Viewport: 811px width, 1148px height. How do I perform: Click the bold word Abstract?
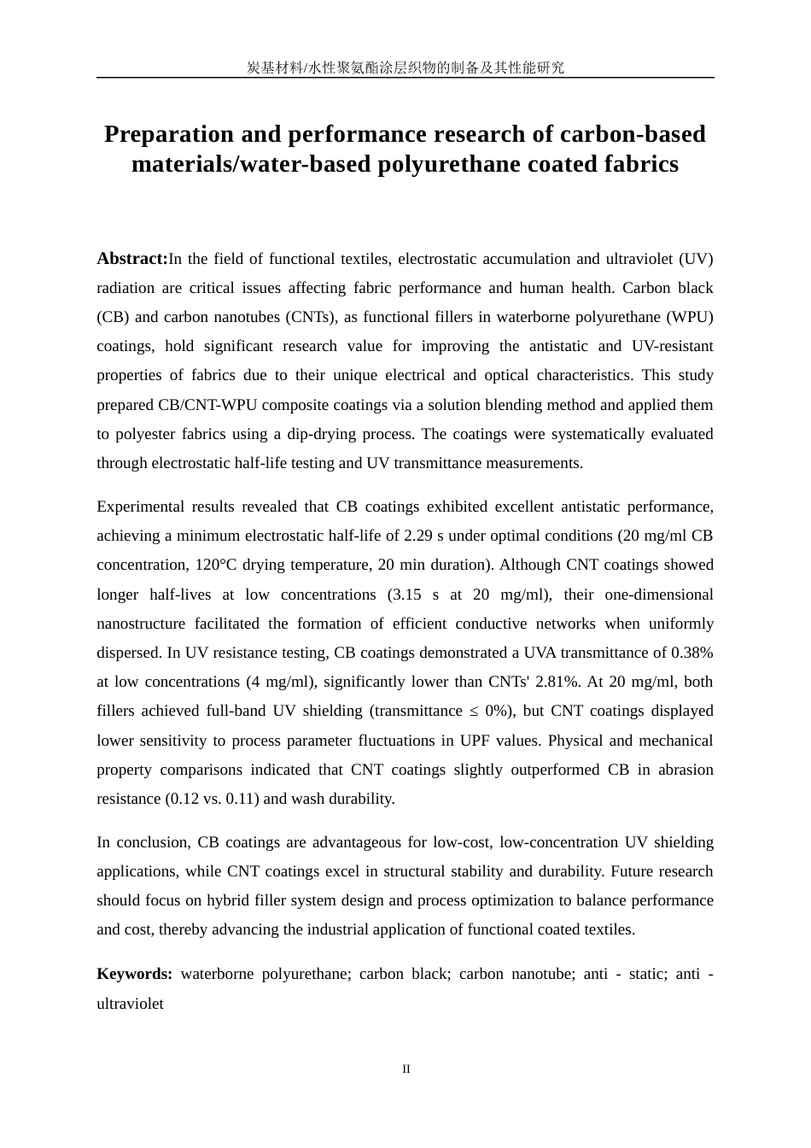[132, 259]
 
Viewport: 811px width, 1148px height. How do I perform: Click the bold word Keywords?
[134, 974]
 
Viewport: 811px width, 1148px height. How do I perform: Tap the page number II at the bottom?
[406, 1069]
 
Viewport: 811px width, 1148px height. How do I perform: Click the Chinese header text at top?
[405, 67]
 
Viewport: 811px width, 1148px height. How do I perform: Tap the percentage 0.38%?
[691, 653]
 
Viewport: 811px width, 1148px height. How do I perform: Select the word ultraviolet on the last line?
[130, 1004]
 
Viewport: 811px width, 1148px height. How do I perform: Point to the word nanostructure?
[143, 624]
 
